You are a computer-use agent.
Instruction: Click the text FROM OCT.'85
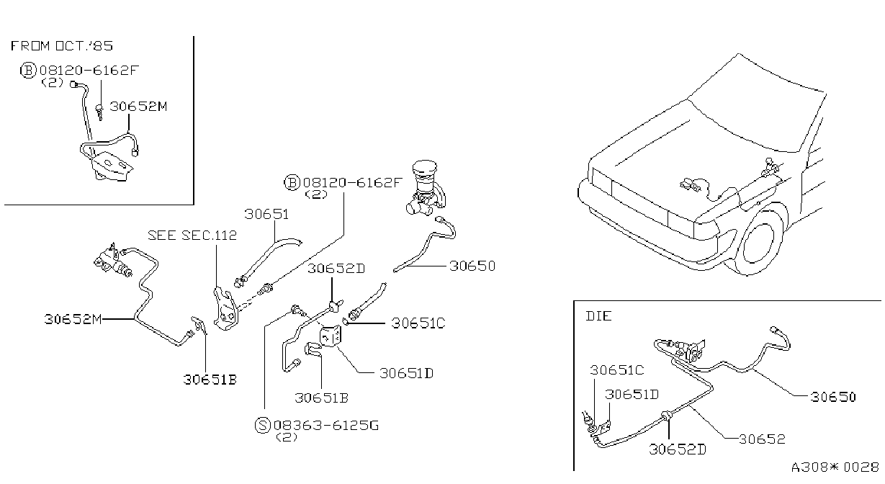coord(62,46)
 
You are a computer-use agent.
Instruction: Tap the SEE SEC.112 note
coord(192,236)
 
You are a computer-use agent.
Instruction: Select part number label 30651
coord(266,214)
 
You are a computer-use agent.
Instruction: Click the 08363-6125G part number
coord(326,426)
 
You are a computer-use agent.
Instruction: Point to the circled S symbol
coord(262,426)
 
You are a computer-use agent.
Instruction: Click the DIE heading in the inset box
coord(598,316)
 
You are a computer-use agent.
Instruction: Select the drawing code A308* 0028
coord(835,467)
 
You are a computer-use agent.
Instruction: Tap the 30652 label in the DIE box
coord(762,439)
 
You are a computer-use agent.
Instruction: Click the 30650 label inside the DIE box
coord(833,397)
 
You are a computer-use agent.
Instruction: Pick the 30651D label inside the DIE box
coord(632,394)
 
